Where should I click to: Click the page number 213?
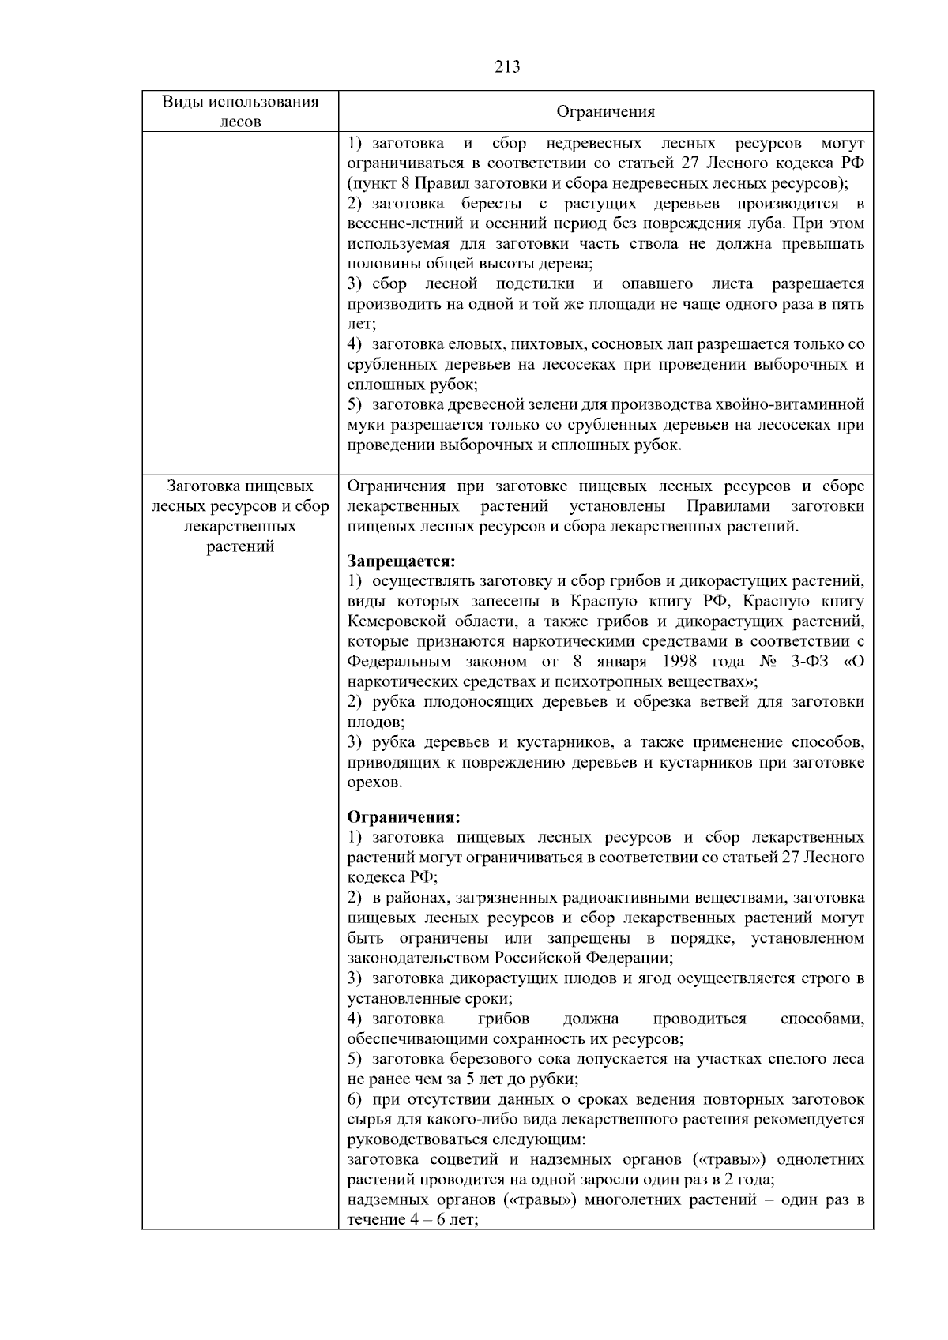coord(507,67)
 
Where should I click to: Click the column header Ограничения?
coord(606,111)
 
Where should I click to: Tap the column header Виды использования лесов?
coord(240,111)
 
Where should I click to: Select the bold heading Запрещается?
coord(401,561)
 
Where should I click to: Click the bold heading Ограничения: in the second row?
coord(404,816)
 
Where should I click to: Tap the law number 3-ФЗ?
coord(803,661)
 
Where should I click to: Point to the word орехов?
coord(374,783)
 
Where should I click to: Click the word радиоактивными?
coord(616,898)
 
